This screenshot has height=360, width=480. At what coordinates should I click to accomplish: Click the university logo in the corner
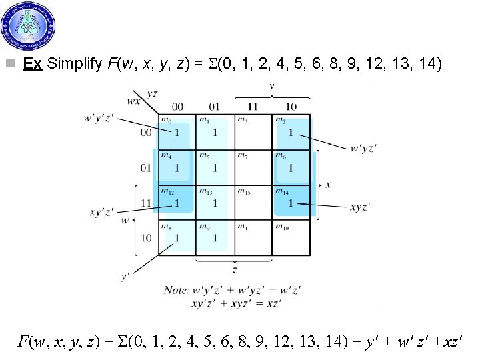29,26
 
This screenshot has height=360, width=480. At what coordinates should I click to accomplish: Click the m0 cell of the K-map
177,131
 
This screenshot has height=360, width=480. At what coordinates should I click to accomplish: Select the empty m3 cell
253,131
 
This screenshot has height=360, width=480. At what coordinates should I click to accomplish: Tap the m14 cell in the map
291,202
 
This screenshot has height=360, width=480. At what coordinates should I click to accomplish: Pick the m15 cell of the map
253,202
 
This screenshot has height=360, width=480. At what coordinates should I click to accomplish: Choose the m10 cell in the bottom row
291,237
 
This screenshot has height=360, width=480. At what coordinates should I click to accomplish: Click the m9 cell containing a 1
215,237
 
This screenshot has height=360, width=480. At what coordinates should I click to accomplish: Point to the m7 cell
253,167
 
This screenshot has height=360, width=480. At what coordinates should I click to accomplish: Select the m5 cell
215,167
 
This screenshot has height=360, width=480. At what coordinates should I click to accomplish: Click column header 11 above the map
253,107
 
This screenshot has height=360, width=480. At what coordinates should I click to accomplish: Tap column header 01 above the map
214,107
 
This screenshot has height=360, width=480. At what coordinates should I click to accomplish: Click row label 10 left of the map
145,238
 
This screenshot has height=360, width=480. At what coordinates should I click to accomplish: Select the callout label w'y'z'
99,118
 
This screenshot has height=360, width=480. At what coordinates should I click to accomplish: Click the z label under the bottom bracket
235,270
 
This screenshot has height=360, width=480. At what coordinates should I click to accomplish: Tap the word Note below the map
177,290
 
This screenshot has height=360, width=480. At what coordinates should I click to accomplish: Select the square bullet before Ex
9,65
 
